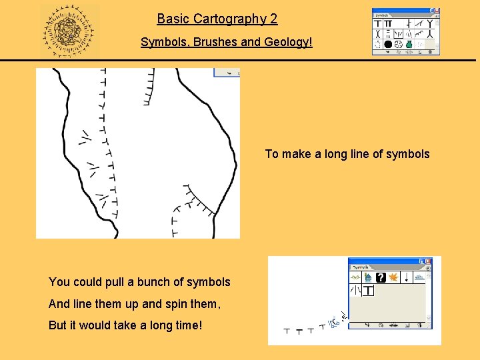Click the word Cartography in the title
point(229,19)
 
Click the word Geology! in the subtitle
point(290,43)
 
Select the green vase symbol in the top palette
point(409,45)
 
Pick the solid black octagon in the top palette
point(387,45)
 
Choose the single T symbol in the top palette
point(377,23)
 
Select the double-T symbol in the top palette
point(387,23)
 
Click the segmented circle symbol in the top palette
point(398,45)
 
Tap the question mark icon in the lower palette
point(380,277)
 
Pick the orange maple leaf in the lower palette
point(393,277)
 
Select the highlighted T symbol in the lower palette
point(368,291)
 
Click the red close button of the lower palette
point(428,262)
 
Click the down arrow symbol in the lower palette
point(406,277)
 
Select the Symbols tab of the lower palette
point(361,267)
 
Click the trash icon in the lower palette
point(419,326)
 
